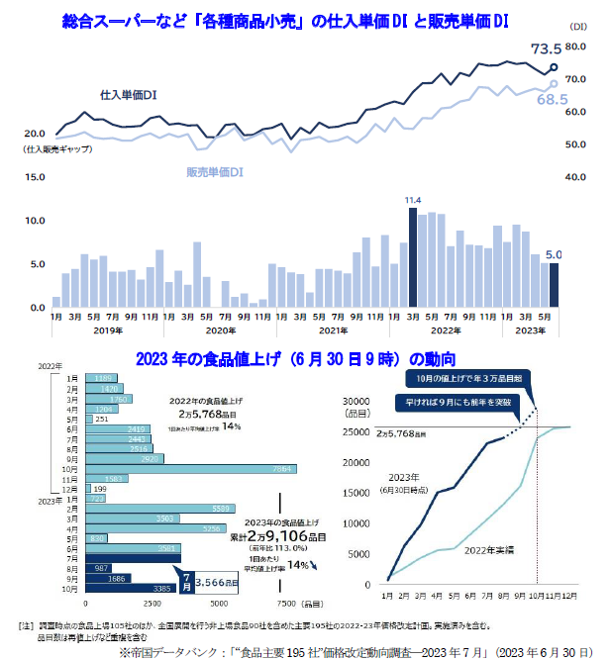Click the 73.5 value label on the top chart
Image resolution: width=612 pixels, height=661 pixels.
546,48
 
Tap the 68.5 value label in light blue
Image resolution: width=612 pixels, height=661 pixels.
551,100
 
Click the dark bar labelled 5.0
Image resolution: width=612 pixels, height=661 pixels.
554,285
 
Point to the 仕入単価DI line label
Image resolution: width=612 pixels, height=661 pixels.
129,95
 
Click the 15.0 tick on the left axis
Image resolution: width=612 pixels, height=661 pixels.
35,177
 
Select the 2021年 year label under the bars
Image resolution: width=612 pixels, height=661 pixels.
333,330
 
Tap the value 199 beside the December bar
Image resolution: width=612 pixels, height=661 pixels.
100,489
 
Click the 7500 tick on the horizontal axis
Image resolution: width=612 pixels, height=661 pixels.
286,604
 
